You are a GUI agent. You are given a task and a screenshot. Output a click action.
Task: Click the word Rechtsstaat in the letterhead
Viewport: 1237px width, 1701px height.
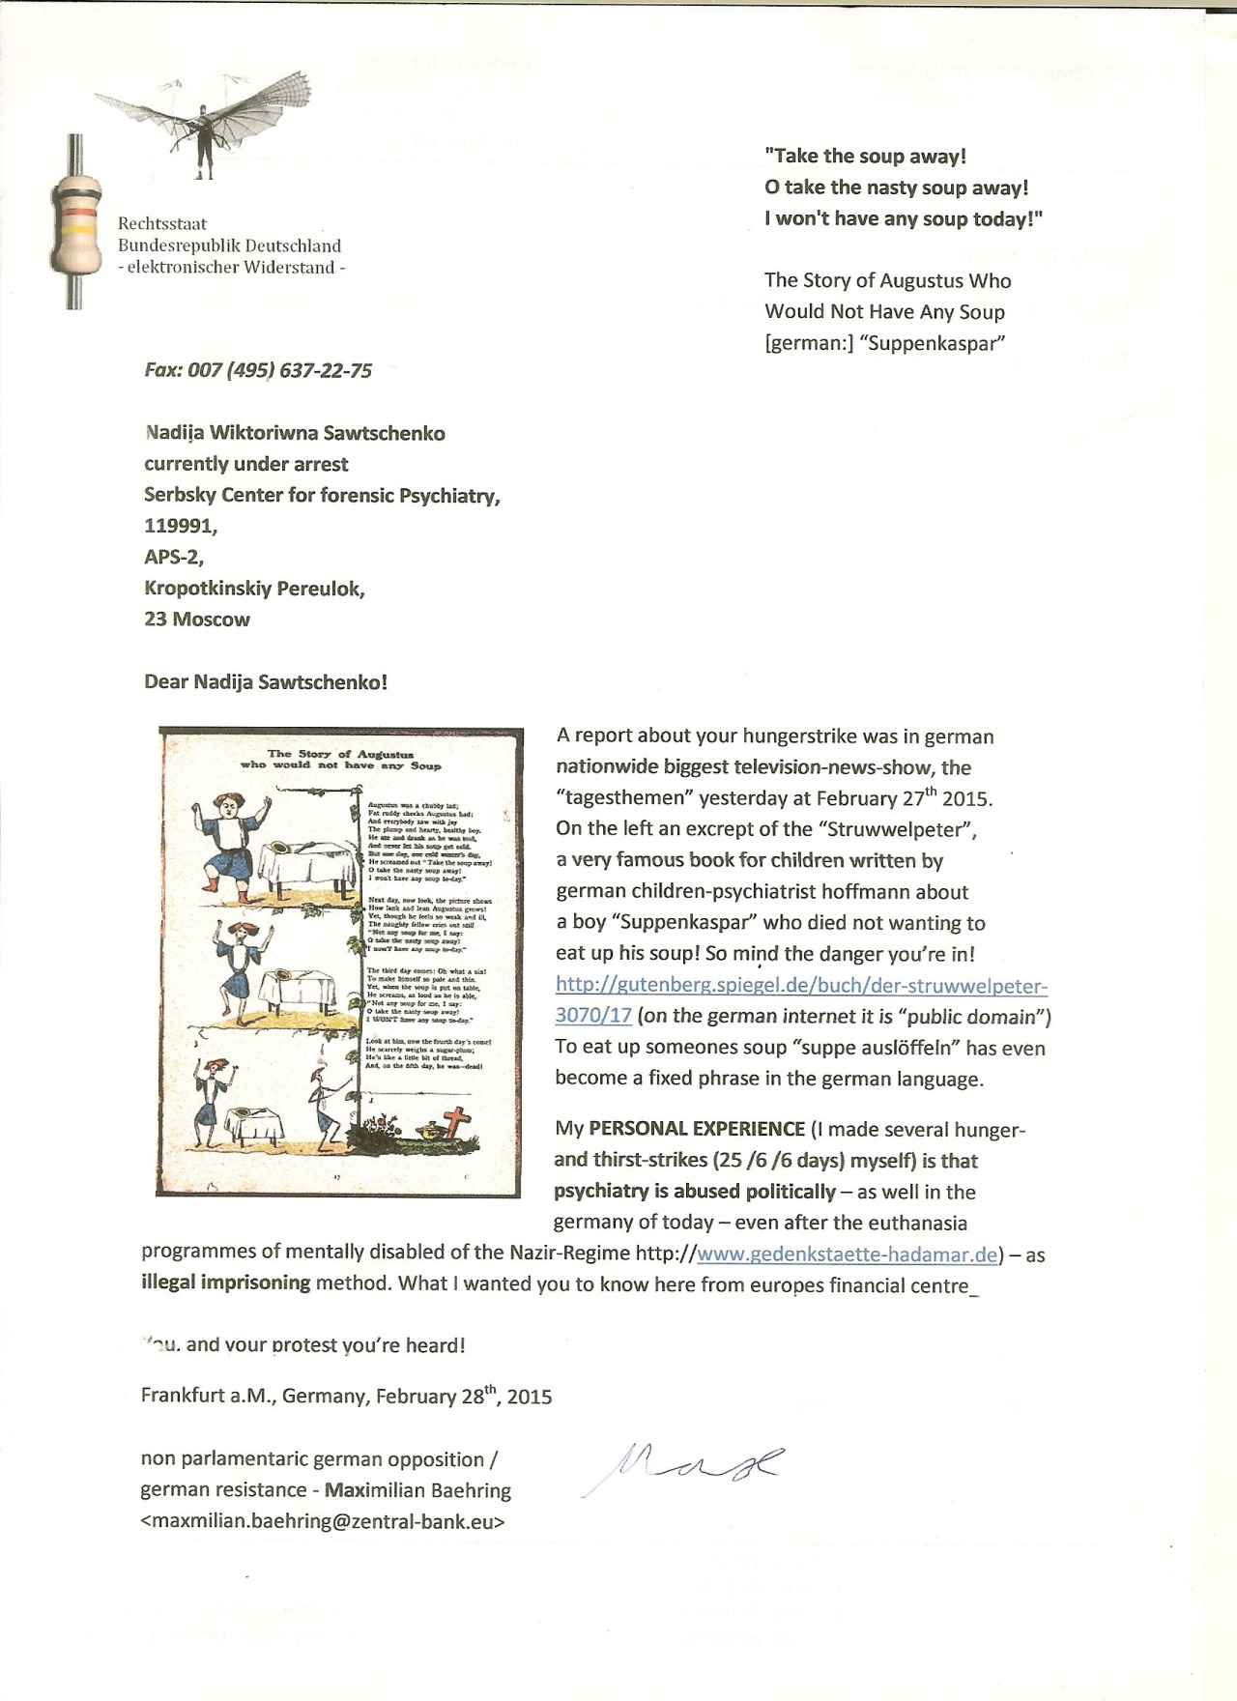[162, 223]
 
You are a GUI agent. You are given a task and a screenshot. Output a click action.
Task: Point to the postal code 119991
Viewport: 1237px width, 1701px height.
[181, 526]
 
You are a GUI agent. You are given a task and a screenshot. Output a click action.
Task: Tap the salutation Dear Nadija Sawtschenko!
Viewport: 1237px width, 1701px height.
[266, 681]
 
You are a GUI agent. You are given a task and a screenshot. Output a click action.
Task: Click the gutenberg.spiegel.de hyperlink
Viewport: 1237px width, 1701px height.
[801, 987]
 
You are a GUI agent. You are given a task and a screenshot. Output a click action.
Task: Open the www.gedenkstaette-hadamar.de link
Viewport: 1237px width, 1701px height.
[847, 1254]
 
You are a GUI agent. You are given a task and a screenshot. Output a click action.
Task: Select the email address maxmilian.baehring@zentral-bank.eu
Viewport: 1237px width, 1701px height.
[323, 1521]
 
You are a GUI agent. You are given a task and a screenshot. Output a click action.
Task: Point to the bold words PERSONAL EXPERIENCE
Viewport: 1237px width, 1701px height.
[697, 1129]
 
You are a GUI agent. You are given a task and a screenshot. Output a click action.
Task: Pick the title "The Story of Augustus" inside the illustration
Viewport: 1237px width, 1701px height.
[340, 753]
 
